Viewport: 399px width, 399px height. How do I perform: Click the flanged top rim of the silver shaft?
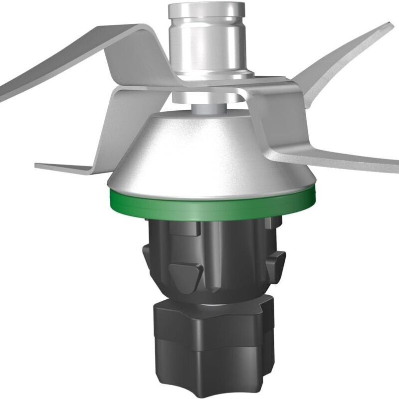[206, 9]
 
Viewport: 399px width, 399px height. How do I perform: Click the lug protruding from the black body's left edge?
[146, 252]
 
